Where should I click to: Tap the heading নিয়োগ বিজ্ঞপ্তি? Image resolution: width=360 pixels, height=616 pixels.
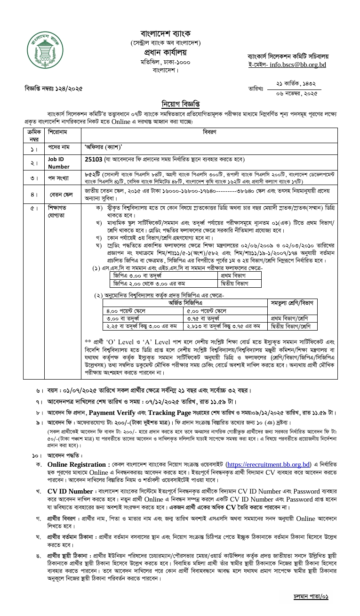click(180, 104)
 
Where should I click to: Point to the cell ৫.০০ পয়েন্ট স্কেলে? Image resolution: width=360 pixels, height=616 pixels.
click(207, 311)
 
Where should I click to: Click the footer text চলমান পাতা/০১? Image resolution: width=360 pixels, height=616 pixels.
click(311, 597)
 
